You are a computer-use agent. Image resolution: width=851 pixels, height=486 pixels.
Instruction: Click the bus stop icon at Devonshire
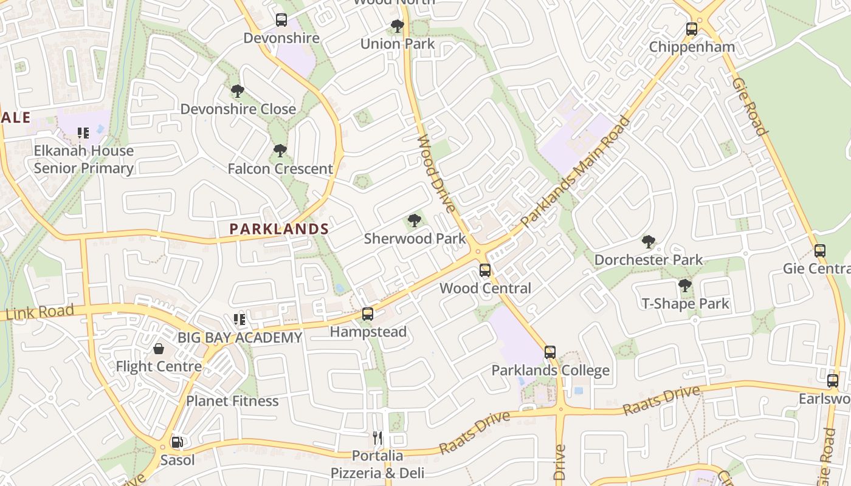click(281, 20)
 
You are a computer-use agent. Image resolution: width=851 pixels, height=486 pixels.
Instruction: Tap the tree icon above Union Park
click(397, 26)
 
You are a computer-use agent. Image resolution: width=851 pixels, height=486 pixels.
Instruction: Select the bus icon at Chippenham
click(691, 29)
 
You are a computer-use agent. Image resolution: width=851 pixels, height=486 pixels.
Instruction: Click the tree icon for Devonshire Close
click(238, 92)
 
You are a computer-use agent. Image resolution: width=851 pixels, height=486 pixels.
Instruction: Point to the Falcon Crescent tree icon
click(280, 151)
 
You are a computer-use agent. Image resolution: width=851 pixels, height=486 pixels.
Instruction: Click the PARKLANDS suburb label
click(279, 229)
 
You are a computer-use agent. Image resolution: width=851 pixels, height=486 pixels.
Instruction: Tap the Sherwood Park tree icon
click(415, 221)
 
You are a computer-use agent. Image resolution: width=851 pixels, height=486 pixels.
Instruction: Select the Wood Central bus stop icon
click(485, 270)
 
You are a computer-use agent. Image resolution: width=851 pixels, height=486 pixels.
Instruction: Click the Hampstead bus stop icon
click(368, 314)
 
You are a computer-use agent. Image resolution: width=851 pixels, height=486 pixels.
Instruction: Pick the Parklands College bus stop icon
click(550, 352)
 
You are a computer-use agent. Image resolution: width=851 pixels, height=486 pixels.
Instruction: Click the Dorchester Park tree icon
click(649, 242)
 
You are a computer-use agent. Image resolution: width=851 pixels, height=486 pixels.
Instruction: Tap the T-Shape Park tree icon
click(685, 286)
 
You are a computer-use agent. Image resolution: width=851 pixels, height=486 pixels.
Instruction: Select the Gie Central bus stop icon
click(820, 251)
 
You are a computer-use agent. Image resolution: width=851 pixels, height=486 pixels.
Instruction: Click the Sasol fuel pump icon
click(177, 442)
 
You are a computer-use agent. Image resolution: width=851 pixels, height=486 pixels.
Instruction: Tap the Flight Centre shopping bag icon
click(159, 349)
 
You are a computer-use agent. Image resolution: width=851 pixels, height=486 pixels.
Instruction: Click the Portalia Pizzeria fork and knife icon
click(377, 437)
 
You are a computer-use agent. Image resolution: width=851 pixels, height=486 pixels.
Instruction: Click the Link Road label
click(40, 312)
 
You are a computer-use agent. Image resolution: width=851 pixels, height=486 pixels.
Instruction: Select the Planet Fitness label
click(232, 401)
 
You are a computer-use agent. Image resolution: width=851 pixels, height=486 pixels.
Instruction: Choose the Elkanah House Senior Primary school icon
click(83, 132)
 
